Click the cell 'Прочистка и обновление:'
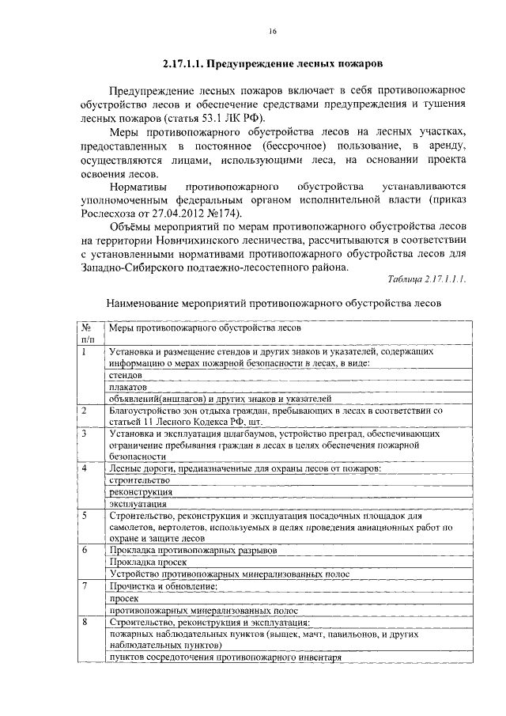click(163, 586)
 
